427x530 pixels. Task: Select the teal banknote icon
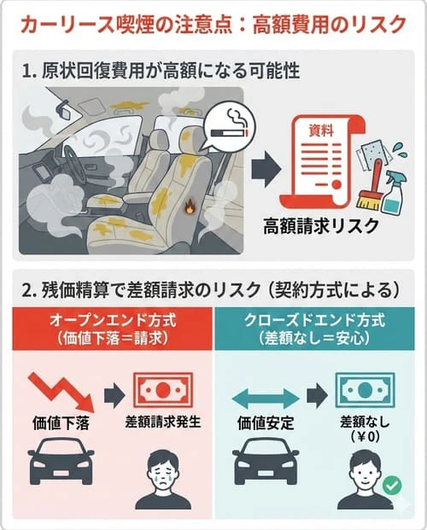pos(364,389)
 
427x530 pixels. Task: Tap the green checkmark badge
pos(391,486)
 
